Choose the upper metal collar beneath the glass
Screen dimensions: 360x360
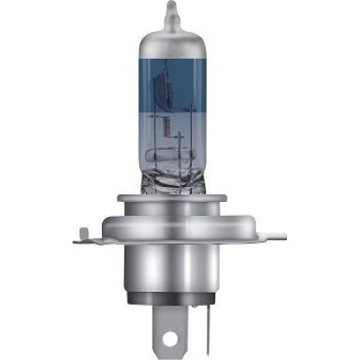[172, 203]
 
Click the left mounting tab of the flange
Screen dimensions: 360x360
[89, 235]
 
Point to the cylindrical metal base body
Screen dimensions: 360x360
[172, 271]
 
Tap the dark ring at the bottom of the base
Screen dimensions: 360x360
[172, 302]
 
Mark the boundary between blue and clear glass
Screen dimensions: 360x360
[171, 126]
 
